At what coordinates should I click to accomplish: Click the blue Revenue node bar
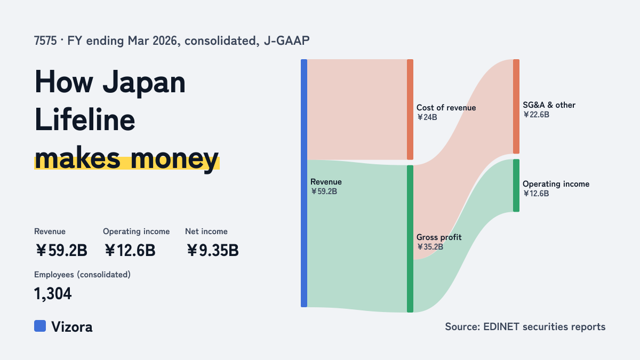(x=304, y=183)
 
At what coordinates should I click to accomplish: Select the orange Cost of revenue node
(x=410, y=109)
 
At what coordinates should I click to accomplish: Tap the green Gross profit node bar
(x=410, y=238)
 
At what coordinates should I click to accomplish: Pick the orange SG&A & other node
(x=516, y=106)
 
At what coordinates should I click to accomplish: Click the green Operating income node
(x=516, y=186)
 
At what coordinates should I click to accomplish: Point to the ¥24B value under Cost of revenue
(x=427, y=117)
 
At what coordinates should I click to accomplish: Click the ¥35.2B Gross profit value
(x=430, y=247)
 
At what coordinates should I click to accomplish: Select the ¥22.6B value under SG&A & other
(x=536, y=115)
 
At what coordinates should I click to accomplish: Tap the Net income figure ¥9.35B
(x=213, y=250)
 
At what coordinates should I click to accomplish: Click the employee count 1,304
(x=53, y=294)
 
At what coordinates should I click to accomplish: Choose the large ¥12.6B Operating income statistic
(x=130, y=250)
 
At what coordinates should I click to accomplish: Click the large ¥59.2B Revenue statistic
(x=61, y=250)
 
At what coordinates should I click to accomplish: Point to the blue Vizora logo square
(x=40, y=326)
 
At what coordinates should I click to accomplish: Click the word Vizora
(x=72, y=327)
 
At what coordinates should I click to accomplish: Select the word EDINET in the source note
(x=501, y=326)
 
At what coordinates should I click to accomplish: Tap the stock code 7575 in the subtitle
(x=45, y=41)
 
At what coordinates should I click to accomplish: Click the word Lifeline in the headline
(x=85, y=119)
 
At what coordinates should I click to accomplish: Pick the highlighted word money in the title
(x=174, y=158)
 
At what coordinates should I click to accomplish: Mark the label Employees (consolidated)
(x=82, y=275)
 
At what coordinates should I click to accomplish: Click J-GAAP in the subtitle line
(x=286, y=41)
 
